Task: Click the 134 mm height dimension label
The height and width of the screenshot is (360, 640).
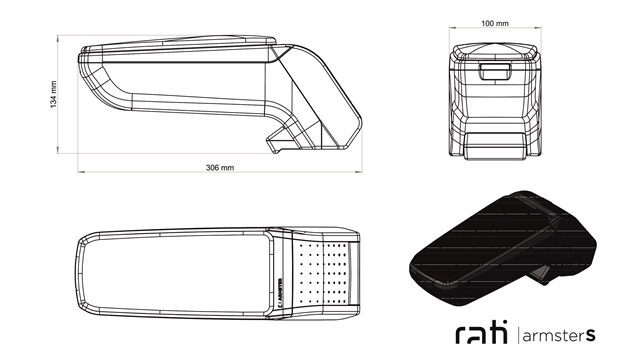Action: tap(53, 94)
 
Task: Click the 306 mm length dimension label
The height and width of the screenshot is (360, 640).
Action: tap(220, 167)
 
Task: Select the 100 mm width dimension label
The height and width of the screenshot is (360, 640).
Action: tap(495, 23)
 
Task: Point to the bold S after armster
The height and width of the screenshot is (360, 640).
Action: tap(591, 336)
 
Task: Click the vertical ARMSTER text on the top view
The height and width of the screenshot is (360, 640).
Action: tap(280, 293)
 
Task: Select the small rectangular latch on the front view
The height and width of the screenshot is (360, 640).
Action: tap(495, 71)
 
